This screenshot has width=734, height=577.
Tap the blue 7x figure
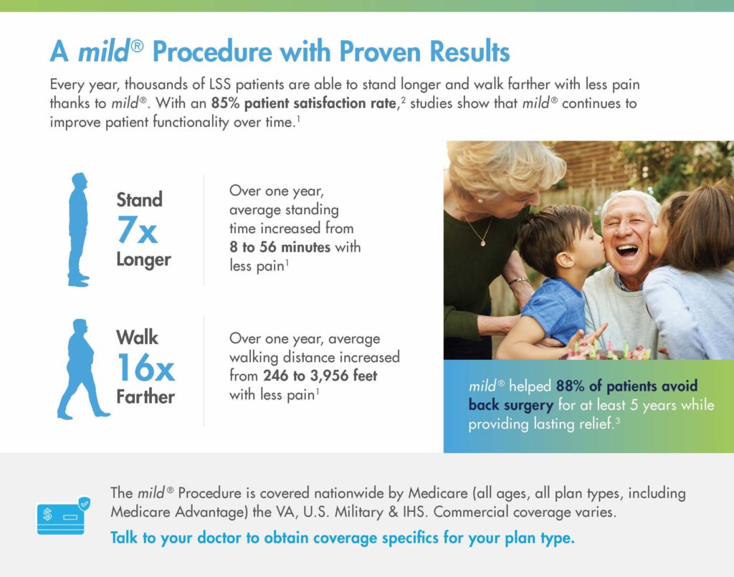coord(137,229)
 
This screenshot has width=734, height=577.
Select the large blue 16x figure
coord(146,368)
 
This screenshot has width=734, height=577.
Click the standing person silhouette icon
coord(78,229)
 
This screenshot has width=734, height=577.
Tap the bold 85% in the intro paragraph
coord(225,103)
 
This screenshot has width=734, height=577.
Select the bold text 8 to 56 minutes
coord(280,247)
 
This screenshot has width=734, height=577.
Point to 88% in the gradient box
coord(570,386)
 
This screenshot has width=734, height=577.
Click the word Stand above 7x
coord(140,200)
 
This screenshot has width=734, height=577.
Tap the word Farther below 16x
coord(146,397)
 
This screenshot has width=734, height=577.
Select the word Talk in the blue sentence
coord(123,538)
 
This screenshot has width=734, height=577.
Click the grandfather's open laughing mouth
coord(626,251)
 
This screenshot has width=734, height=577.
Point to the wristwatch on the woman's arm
coord(519,281)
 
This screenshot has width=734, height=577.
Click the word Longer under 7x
coord(143,259)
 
